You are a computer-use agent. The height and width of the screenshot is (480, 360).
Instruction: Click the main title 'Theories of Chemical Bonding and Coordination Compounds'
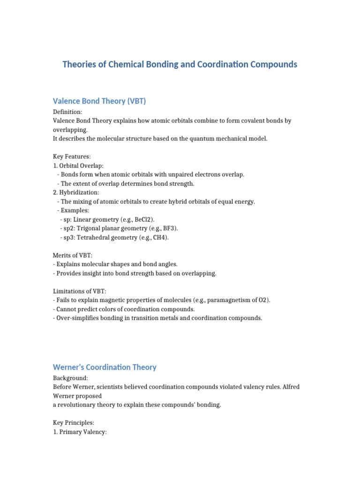tap(180, 64)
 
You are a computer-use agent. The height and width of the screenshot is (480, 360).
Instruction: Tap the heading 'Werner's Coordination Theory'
tap(105, 367)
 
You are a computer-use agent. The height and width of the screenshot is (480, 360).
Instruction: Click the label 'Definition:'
tap(67, 112)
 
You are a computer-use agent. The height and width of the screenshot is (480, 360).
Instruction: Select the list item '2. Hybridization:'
tap(76, 193)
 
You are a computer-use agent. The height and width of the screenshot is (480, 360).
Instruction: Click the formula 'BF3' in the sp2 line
tap(169, 228)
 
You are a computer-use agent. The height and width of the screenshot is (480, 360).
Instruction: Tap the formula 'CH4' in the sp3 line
tap(159, 237)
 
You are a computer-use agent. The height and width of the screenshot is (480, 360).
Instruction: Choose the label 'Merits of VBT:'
tap(73, 255)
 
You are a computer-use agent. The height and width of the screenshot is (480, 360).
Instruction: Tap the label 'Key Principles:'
tap(74, 423)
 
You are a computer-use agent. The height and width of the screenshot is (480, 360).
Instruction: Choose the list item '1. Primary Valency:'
tap(80, 432)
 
